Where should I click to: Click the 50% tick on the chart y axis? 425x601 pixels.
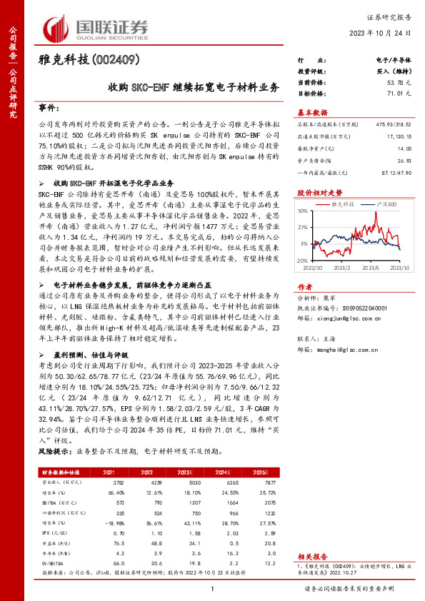click(x=303, y=211)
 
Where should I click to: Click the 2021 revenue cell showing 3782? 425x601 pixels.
click(x=120, y=483)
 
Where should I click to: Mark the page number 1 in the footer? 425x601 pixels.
click(x=212, y=588)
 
